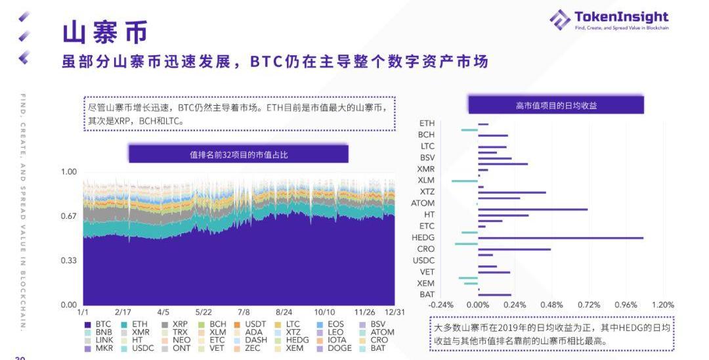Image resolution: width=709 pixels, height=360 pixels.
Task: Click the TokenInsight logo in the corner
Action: tap(608, 20)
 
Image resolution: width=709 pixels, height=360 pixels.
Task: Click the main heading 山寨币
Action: tap(105, 32)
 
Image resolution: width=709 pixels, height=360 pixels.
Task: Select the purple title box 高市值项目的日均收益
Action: tap(555, 105)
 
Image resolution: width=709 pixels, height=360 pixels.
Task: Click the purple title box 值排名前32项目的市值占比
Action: tap(238, 155)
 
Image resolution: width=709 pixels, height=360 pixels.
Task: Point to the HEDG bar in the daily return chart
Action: tap(560, 238)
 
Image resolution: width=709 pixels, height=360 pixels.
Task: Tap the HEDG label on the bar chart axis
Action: tap(423, 238)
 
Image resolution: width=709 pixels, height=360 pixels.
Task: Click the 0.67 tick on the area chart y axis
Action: tap(69, 216)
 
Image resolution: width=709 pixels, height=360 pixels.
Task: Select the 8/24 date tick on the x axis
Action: tap(284, 313)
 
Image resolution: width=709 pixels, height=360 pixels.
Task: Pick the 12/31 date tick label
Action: tap(395, 313)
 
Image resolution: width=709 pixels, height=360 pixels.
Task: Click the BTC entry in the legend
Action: tap(98, 324)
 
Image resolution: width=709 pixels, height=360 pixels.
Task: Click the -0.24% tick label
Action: tap(440, 305)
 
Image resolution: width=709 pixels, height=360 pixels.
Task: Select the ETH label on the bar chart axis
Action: tap(427, 123)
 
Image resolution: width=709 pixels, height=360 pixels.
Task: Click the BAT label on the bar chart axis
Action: tap(427, 294)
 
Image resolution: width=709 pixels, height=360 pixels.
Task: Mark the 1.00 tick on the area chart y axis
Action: tap(69, 172)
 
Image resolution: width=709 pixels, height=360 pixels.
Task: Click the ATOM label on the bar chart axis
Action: tap(423, 203)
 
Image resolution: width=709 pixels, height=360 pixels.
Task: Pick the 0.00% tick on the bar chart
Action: tap(478, 305)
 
